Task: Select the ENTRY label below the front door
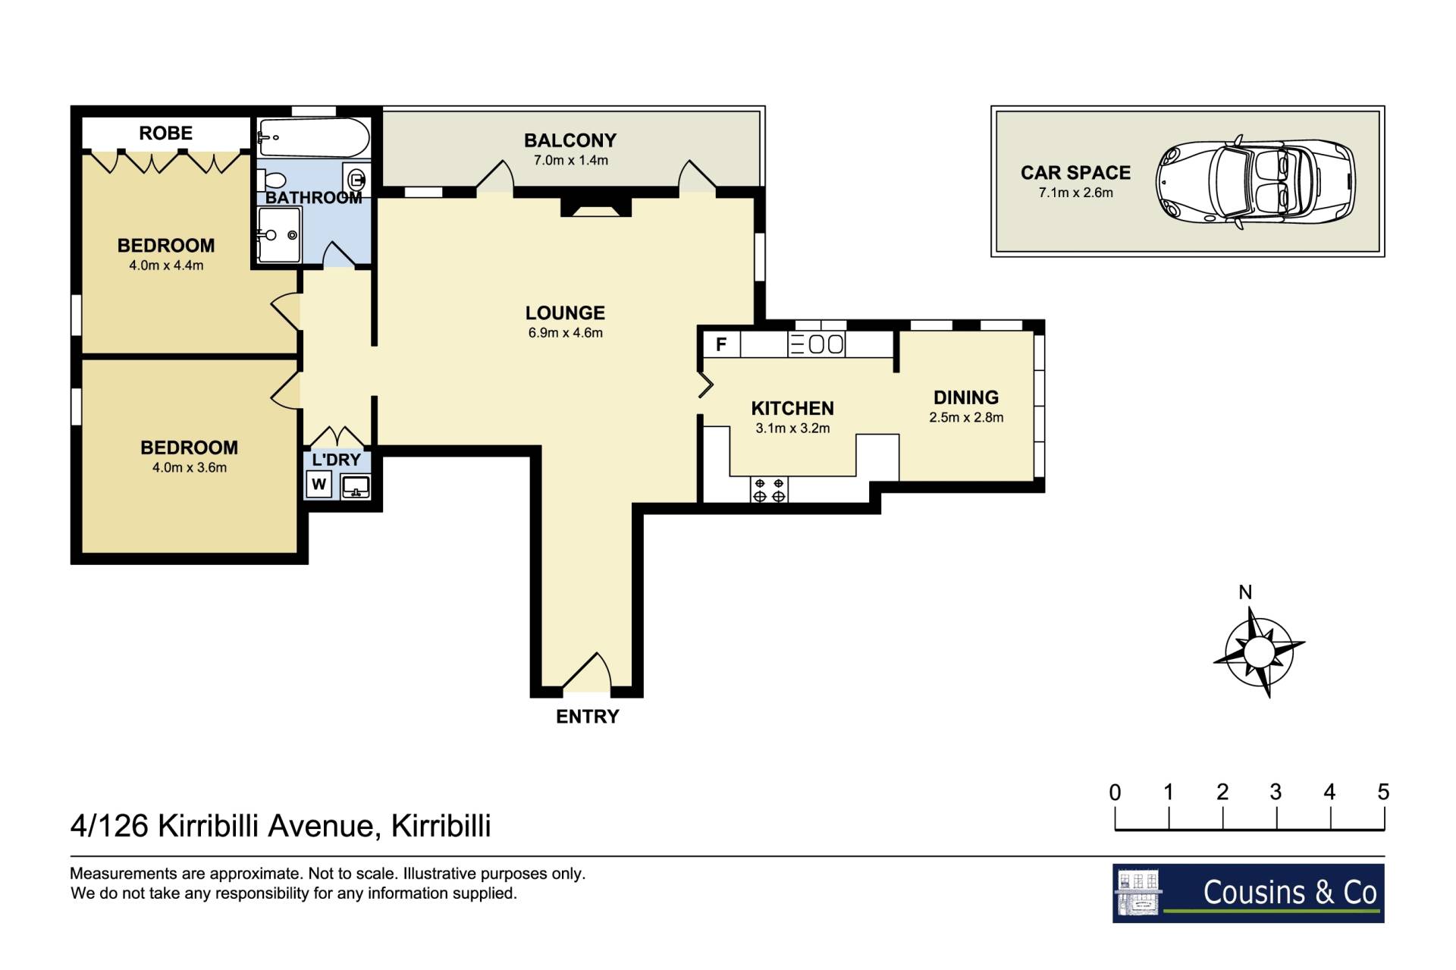tap(588, 717)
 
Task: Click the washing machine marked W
tap(319, 484)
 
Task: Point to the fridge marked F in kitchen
tap(721, 344)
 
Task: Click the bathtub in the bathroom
tap(314, 137)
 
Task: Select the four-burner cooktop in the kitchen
tap(769, 490)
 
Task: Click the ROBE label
tap(166, 133)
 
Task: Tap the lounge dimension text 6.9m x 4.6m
tap(566, 333)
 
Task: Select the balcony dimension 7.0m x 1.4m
tap(571, 161)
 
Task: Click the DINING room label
tap(966, 397)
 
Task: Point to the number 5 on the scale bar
tap(1383, 793)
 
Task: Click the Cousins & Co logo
tap(1248, 893)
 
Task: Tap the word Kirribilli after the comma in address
tap(441, 826)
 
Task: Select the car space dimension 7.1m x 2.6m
tap(1076, 193)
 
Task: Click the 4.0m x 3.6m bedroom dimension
tap(190, 468)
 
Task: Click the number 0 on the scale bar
tap(1115, 793)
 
